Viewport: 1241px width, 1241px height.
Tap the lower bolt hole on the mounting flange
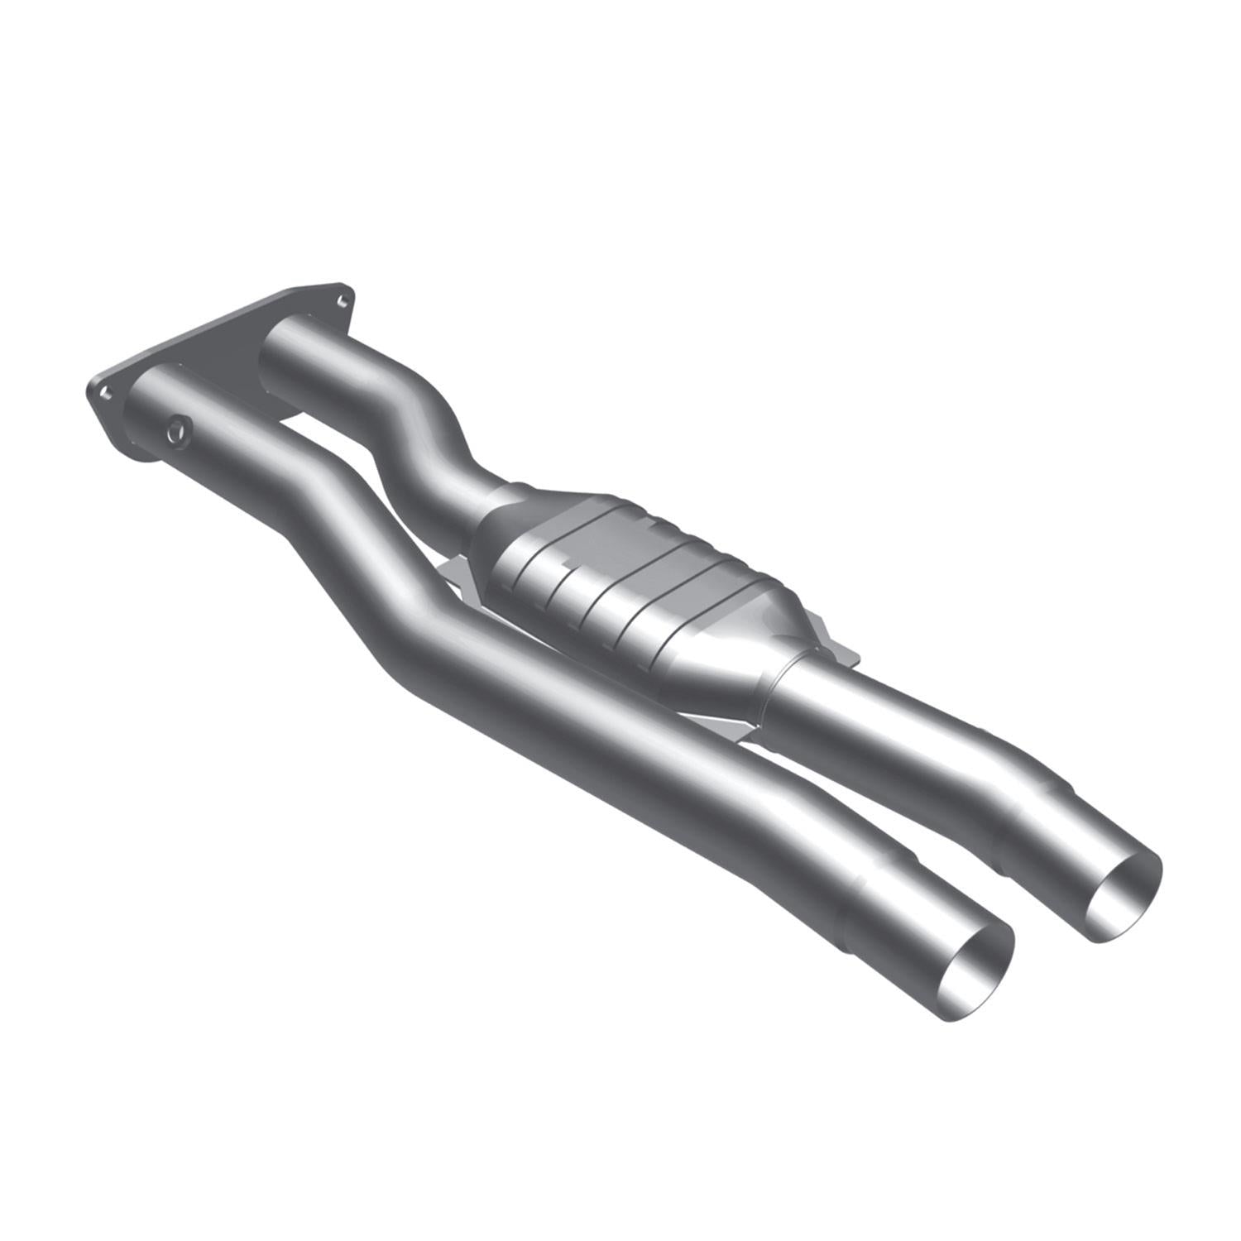105,393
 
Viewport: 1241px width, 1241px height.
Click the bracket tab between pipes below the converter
728,728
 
